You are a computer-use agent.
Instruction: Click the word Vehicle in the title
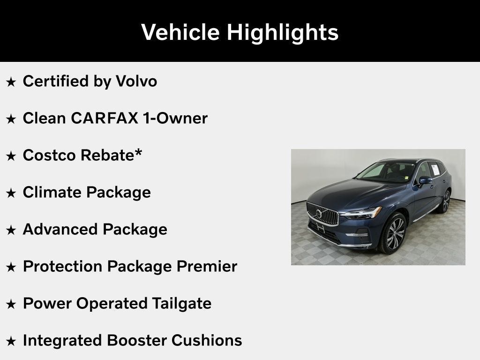[x=180, y=32]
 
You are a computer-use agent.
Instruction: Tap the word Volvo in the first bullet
[x=136, y=81]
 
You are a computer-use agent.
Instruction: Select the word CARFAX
[x=105, y=118]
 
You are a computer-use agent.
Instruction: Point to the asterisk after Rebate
[x=138, y=152]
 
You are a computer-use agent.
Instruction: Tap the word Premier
[x=207, y=266]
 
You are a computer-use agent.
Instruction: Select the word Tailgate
[x=181, y=304]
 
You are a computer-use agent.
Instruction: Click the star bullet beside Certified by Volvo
[x=11, y=82]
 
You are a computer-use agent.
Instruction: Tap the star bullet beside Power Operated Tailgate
[x=11, y=304]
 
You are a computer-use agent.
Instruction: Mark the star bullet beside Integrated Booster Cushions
[x=11, y=341]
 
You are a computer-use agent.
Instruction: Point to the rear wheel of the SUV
[x=445, y=202]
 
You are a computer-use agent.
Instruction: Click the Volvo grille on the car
[x=322, y=213]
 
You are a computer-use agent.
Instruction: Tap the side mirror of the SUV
[x=425, y=181]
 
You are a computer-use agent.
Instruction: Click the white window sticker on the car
[x=435, y=170]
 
